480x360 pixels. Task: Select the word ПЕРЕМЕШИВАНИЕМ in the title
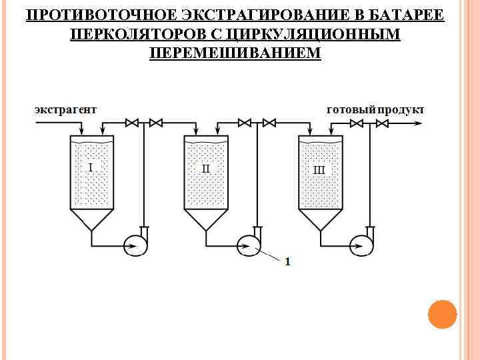point(235,52)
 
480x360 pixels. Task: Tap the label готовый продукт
point(374,109)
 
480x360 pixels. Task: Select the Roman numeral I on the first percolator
point(91,167)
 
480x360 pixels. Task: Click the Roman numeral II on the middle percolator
point(206,168)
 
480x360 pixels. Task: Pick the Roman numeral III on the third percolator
point(319,169)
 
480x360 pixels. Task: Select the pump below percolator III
point(364,245)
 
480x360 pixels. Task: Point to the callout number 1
point(287,262)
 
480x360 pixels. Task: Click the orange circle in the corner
point(442,314)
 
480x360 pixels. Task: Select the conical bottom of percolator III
point(321,219)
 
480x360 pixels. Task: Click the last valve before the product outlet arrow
point(382,123)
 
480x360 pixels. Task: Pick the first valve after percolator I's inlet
point(132,123)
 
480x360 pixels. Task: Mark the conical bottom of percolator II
point(206,219)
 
